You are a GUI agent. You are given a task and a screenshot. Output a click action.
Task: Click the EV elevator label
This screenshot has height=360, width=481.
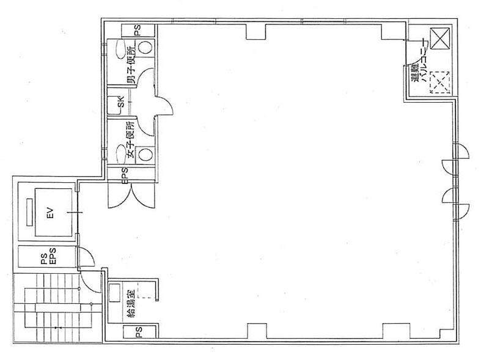point(51,213)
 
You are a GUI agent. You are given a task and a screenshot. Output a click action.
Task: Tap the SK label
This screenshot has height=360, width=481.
point(121,103)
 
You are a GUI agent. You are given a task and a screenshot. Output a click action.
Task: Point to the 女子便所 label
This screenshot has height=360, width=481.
point(131,140)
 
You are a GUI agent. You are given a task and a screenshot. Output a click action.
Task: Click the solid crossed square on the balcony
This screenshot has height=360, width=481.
point(440,38)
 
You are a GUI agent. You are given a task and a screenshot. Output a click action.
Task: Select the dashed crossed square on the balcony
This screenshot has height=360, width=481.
point(440,82)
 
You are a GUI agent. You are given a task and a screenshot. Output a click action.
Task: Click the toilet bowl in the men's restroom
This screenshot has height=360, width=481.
point(145,48)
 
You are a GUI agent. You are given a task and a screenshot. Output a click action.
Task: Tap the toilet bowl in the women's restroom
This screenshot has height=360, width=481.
point(145,155)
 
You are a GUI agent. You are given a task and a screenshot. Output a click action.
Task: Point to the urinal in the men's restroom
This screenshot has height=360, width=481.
point(121,48)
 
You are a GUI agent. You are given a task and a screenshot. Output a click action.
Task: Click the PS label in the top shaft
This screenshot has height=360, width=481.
point(138,30)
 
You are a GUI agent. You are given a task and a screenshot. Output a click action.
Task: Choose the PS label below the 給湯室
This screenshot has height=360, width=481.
point(139,332)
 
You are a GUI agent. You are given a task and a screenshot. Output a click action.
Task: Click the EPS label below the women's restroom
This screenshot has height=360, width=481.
point(125,175)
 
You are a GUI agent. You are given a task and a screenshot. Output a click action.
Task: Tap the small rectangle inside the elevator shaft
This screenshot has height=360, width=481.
point(29,212)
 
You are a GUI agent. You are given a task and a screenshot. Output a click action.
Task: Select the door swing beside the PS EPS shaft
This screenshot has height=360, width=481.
point(87,257)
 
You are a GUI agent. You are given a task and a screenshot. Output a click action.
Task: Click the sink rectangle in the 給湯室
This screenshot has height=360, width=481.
point(115,293)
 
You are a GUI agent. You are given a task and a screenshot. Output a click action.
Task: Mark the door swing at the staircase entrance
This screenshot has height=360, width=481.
point(91,282)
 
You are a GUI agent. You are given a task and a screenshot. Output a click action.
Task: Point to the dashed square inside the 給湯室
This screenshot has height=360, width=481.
point(146,290)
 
